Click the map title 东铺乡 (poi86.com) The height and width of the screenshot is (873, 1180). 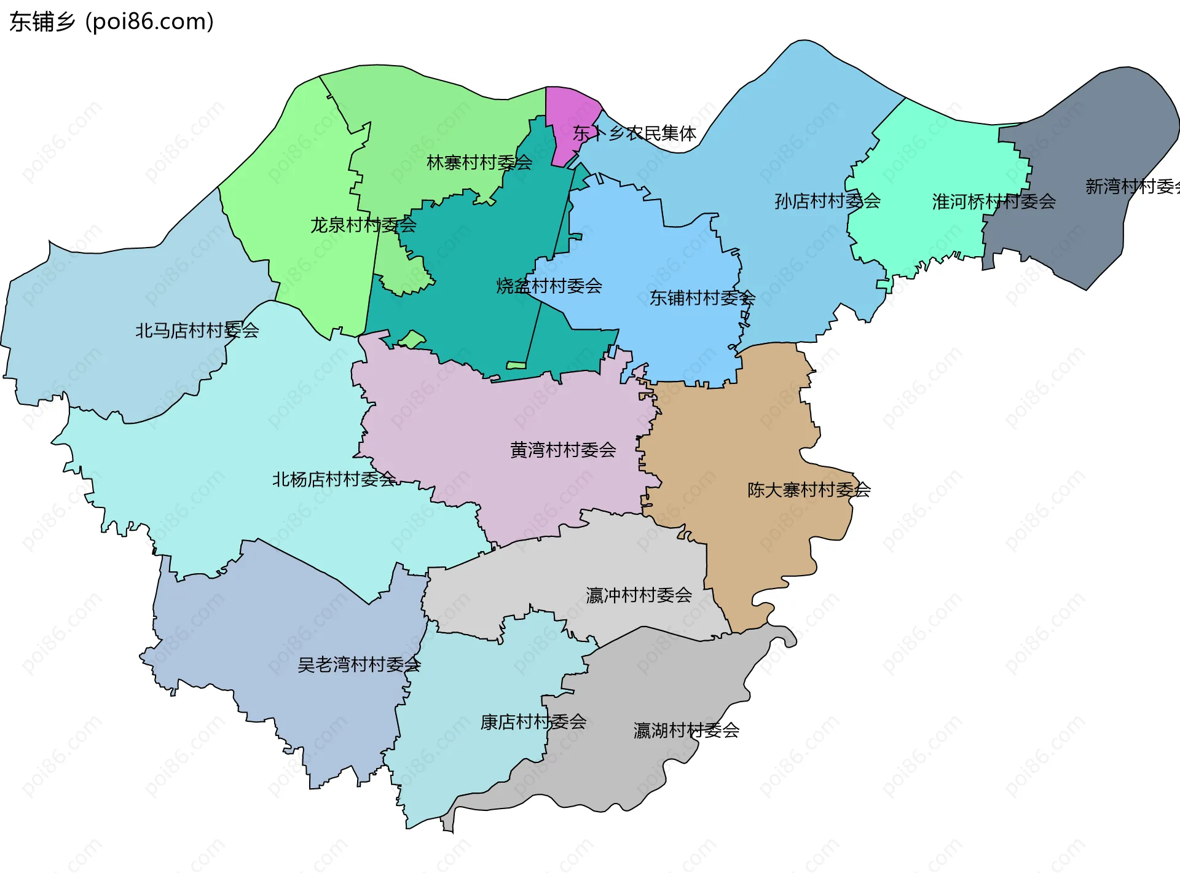pos(112,22)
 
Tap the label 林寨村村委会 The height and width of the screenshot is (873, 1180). pos(479,163)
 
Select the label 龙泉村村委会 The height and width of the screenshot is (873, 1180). pos(363,225)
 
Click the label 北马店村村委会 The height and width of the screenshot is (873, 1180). pos(197,331)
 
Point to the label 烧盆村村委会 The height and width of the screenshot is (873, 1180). pos(549,286)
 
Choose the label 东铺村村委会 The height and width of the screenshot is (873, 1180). pos(702,298)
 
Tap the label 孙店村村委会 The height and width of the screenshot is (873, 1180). pos(827,201)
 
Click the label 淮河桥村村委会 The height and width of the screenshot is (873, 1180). pos(994,202)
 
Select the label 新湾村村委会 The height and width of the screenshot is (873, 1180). pos(1131,186)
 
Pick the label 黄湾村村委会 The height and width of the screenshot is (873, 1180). pos(563,450)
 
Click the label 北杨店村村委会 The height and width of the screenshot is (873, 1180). pos(334,479)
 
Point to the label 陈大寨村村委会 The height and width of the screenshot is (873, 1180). pos(809,490)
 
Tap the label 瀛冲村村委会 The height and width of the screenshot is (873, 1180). pos(639,595)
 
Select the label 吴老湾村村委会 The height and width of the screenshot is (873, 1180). pos(359,664)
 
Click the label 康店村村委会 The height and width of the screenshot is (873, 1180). pos(533,722)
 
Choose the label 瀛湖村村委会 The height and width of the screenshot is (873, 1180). pos(686,730)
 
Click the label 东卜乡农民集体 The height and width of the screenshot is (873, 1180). pos(634,133)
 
